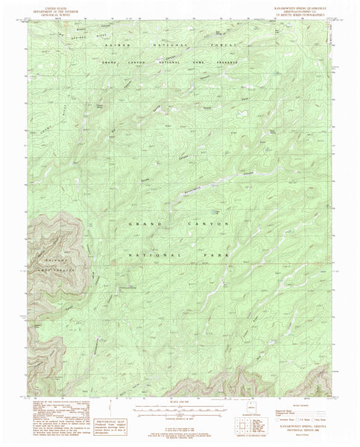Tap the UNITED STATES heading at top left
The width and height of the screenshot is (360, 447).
[54, 7]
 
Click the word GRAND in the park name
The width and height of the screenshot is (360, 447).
[142, 223]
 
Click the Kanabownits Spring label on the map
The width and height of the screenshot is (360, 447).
[127, 285]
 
